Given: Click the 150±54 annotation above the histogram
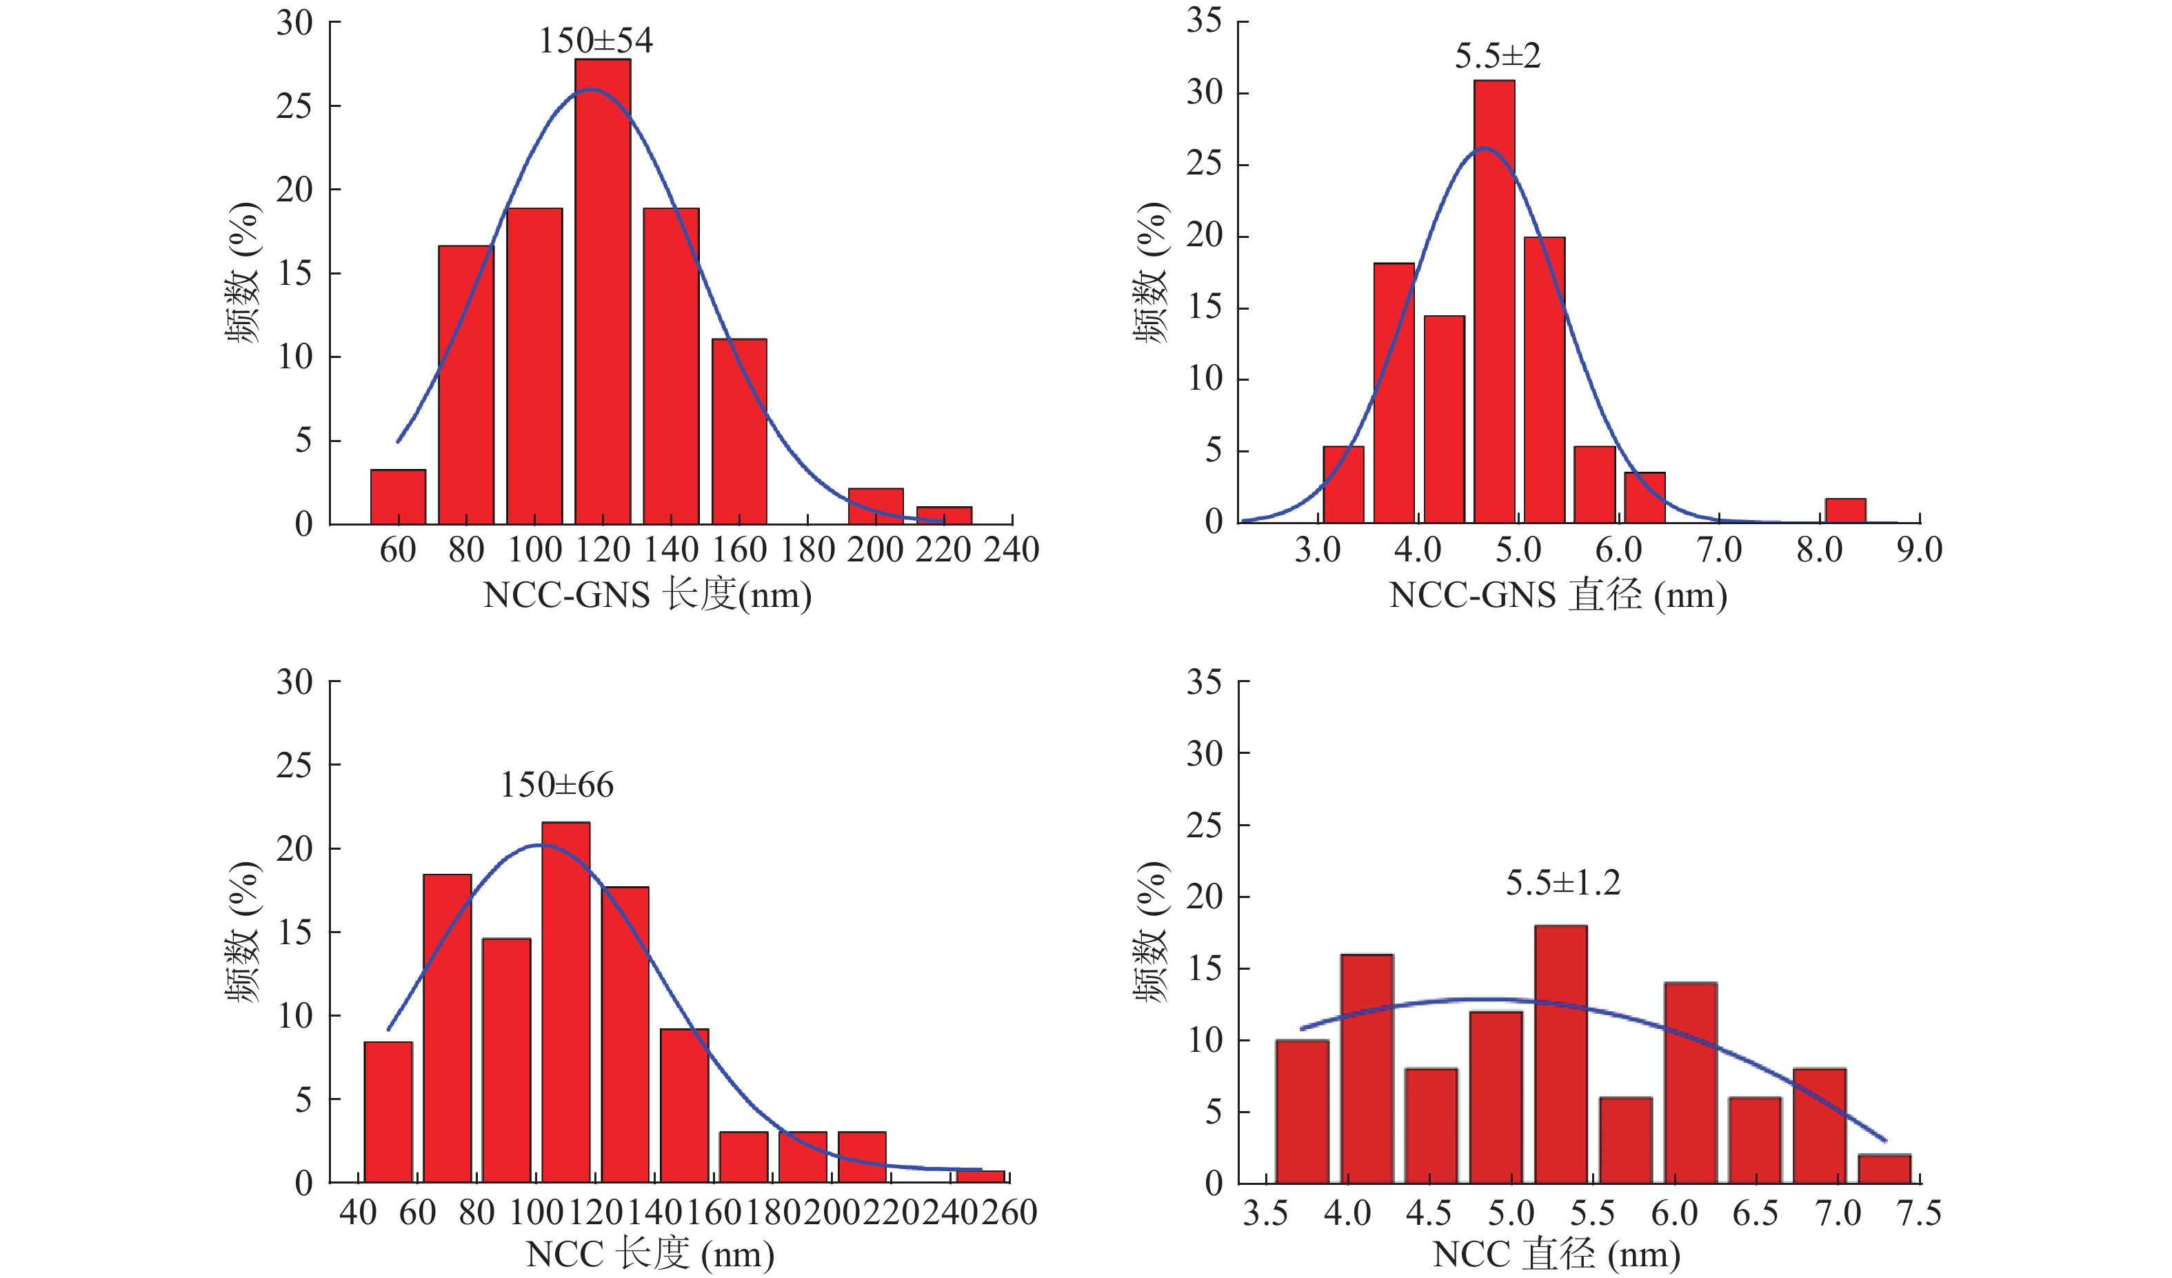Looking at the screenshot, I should click(596, 41).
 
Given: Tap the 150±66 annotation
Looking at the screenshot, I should click(557, 785).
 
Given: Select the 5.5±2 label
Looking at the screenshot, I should click(1497, 56).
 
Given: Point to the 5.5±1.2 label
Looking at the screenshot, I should click(1562, 882).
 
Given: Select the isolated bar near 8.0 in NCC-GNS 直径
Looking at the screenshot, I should click(1845, 510).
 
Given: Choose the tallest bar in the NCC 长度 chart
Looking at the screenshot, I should click(565, 1002).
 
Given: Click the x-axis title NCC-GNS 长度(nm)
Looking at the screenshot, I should click(647, 595).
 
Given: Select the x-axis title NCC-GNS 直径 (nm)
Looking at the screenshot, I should click(1558, 595).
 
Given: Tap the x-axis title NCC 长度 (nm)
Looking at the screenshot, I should click(650, 1254).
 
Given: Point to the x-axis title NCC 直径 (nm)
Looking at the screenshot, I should click(1556, 1254).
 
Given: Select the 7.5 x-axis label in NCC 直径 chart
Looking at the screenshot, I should click(1918, 1213).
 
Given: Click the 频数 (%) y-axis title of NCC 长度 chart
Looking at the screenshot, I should click(244, 931).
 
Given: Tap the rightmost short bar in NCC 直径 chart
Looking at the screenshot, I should click(1884, 1168).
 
